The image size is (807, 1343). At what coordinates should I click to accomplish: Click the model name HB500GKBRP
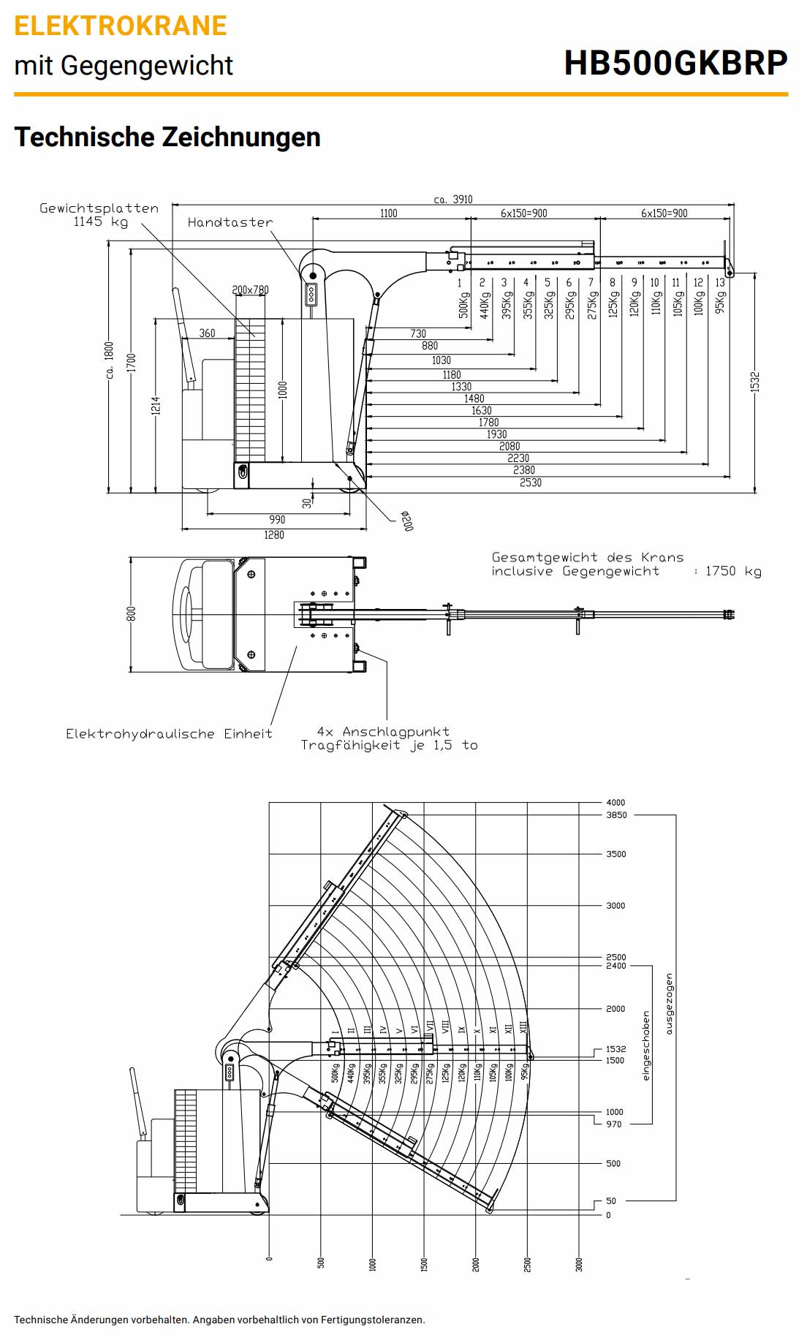click(x=675, y=63)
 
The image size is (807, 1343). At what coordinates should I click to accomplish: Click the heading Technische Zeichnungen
click(x=167, y=137)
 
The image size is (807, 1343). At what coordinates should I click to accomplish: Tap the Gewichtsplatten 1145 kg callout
click(x=99, y=215)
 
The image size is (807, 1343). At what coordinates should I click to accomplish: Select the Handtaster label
click(x=230, y=222)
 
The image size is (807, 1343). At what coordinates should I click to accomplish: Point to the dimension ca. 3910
click(x=453, y=199)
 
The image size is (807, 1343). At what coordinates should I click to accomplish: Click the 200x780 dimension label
click(x=250, y=290)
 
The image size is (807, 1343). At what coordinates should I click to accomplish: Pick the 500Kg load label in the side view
click(x=463, y=305)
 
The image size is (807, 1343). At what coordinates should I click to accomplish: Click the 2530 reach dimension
click(x=531, y=483)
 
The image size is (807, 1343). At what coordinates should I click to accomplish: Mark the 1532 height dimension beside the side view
click(x=755, y=382)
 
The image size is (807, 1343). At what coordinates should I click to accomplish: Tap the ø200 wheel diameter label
click(x=407, y=521)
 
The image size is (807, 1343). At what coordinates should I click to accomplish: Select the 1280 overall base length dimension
click(x=274, y=535)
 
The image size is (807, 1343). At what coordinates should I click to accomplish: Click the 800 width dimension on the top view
click(x=132, y=614)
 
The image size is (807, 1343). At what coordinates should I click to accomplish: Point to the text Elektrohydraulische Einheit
click(x=169, y=733)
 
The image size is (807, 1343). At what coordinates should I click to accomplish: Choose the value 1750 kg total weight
click(x=732, y=571)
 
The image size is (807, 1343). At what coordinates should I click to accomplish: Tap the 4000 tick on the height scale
click(x=615, y=802)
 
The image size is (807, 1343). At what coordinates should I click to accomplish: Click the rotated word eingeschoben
click(x=645, y=1045)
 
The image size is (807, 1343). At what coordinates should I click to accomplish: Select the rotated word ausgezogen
click(x=669, y=1003)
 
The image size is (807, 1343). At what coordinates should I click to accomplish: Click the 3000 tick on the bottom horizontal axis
click(x=579, y=1265)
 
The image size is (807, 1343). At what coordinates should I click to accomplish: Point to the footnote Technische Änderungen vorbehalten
click(x=219, y=1320)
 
